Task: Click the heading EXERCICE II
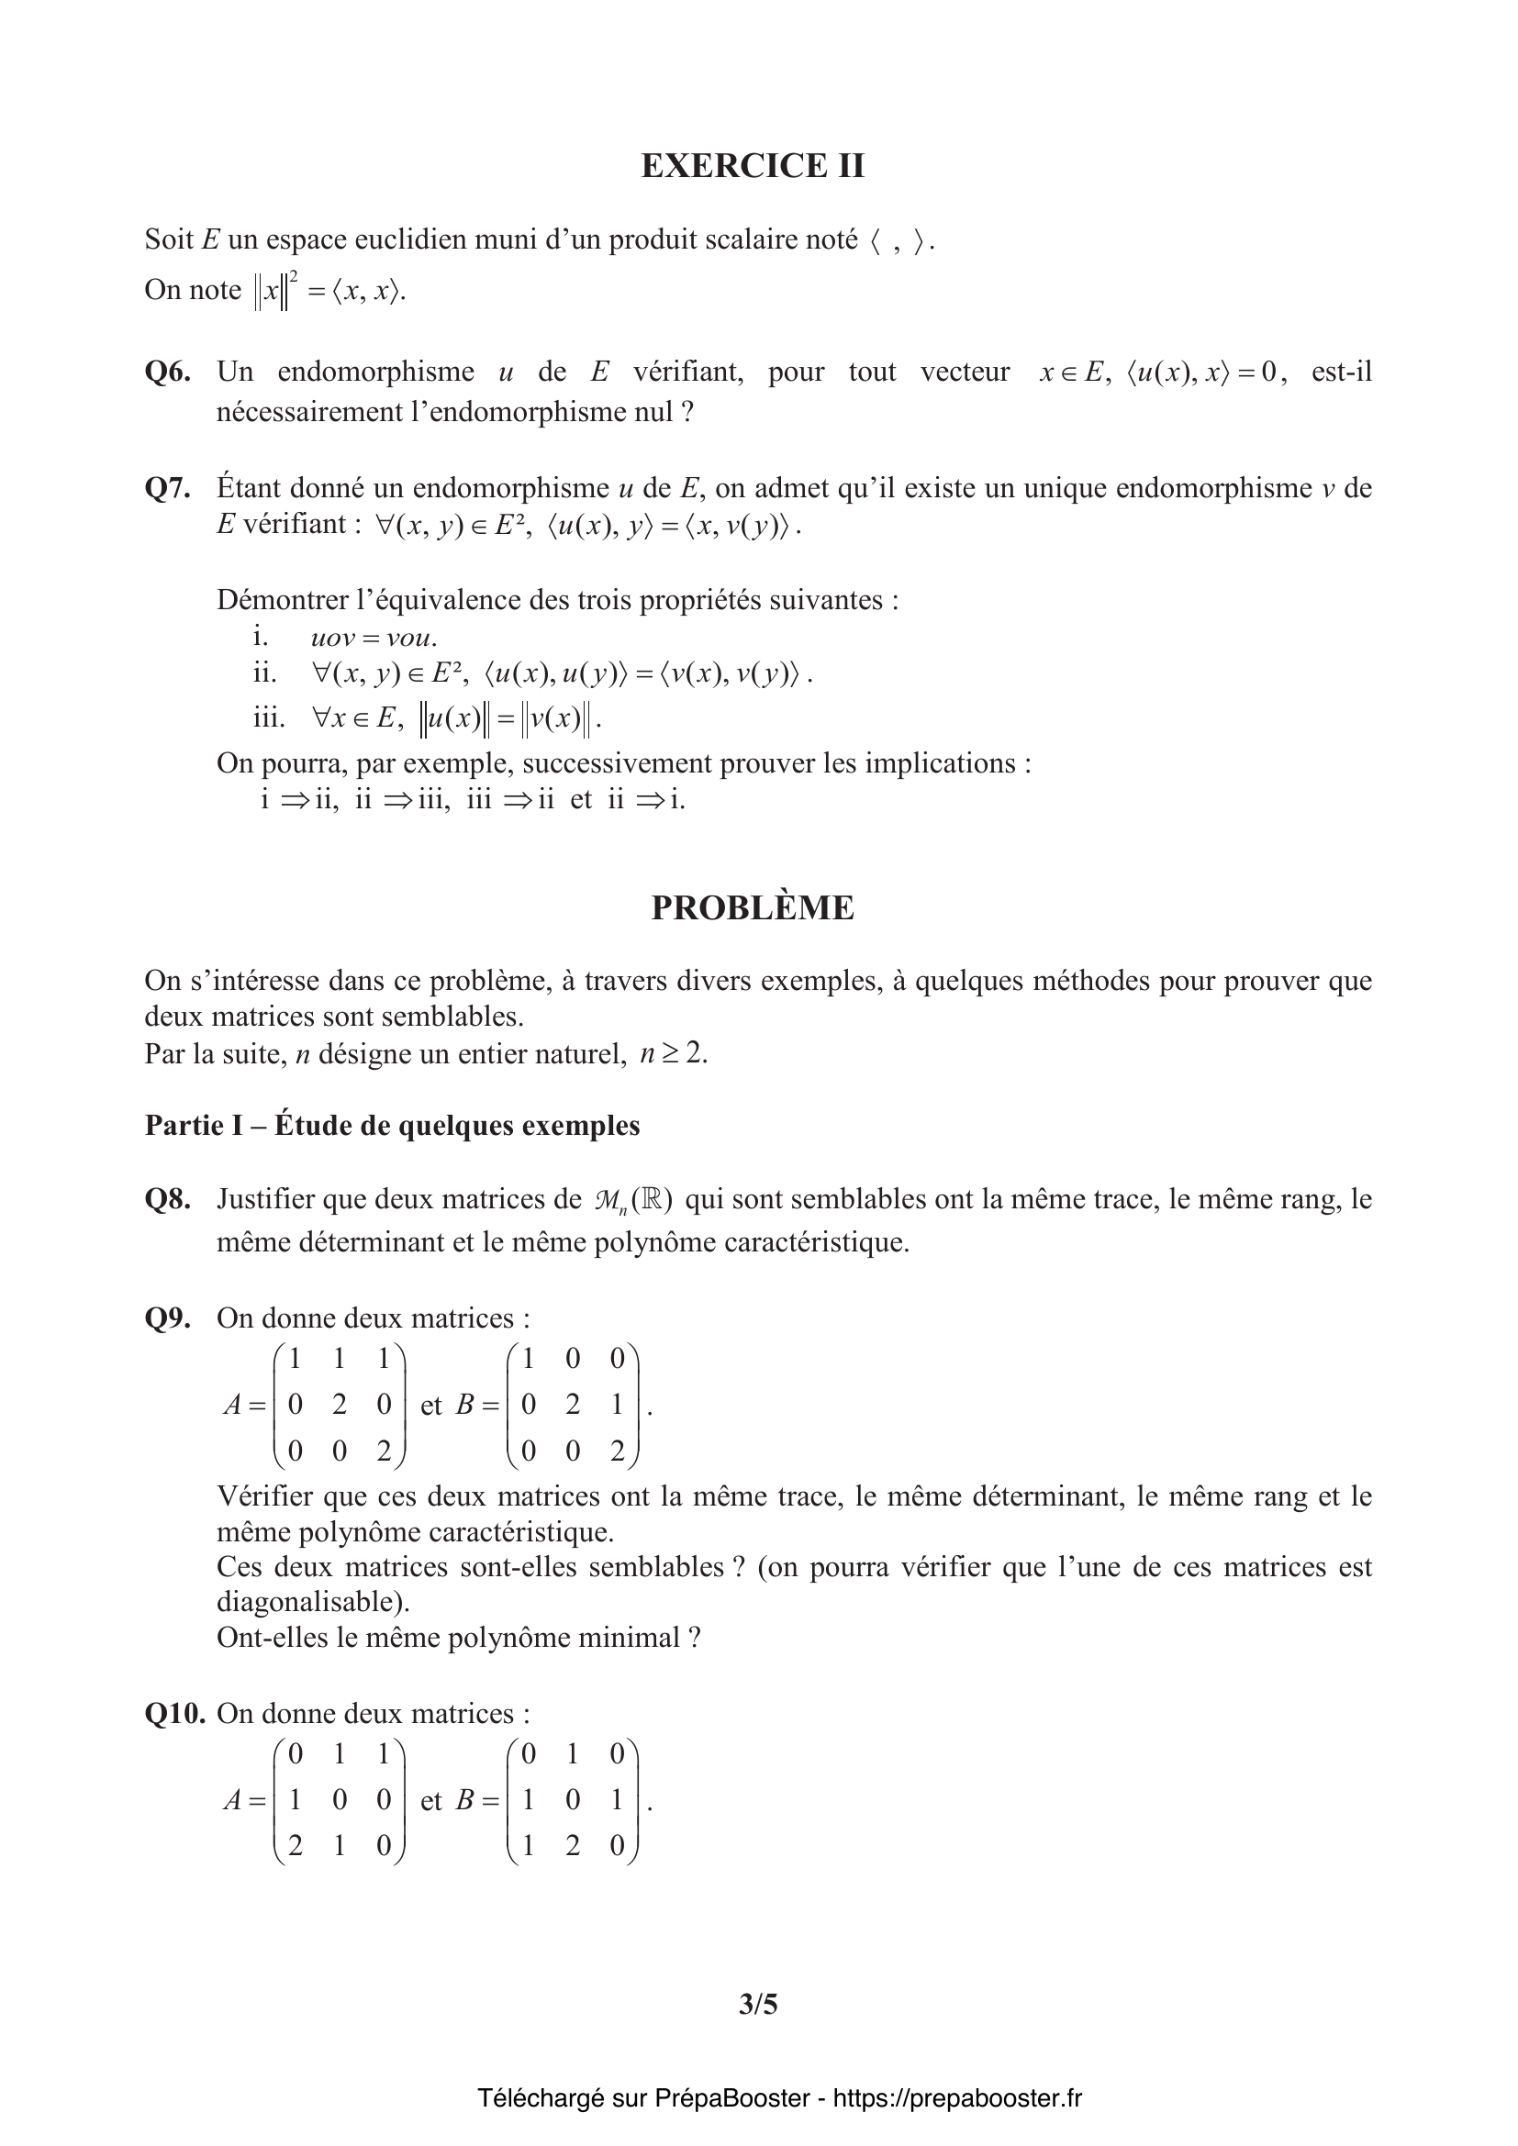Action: [x=753, y=165]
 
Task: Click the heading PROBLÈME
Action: [x=753, y=907]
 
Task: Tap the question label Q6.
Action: [x=167, y=372]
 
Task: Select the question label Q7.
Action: [x=167, y=488]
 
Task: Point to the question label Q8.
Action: [x=167, y=1199]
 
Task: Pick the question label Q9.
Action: [x=167, y=1318]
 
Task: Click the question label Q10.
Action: [x=173, y=1713]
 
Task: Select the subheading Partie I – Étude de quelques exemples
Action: [x=393, y=1126]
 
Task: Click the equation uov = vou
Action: [x=373, y=639]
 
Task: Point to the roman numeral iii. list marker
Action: [x=268, y=717]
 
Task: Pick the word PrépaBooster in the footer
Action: [x=731, y=2098]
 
